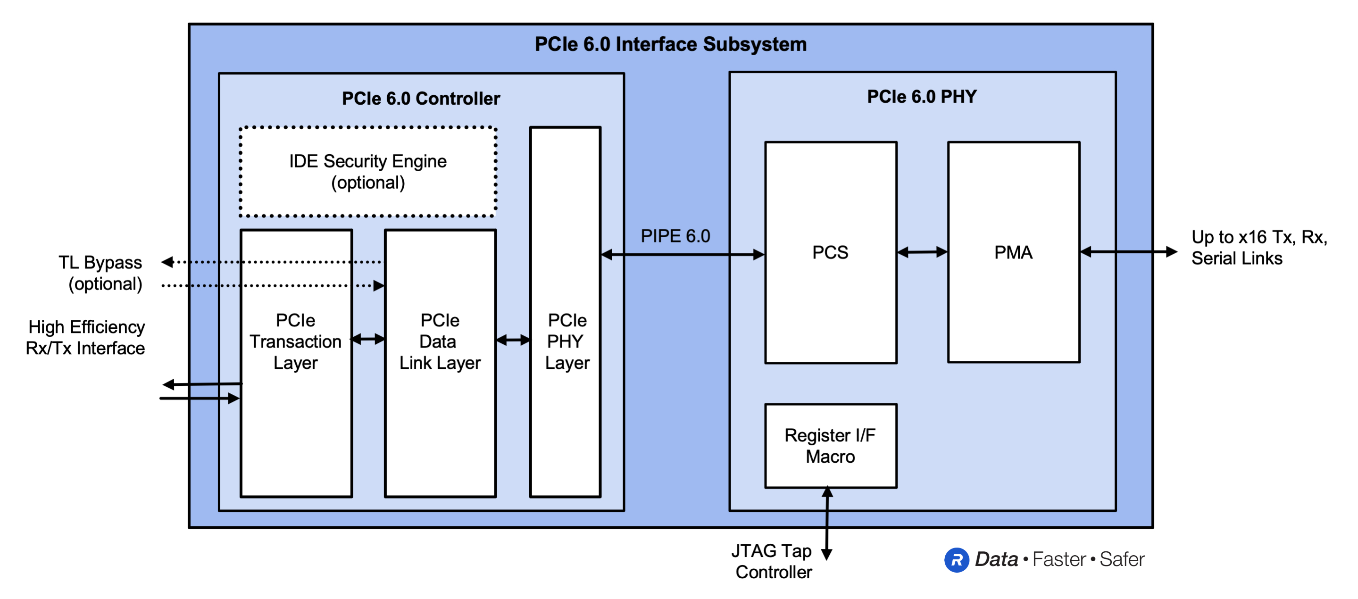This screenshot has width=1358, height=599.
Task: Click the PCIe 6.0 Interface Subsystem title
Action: coord(670,44)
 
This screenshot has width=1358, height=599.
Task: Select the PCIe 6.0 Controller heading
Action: coord(421,99)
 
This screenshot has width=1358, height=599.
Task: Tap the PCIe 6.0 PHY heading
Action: coord(922,97)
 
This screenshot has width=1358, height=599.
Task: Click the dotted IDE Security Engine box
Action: coord(368,172)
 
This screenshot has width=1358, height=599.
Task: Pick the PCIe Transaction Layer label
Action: coord(296,341)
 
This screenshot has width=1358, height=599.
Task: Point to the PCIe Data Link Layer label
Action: coord(440,341)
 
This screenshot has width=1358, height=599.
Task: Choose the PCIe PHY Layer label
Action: coord(567,341)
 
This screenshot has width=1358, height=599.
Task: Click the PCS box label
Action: coord(830,253)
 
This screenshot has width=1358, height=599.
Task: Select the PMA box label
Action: coord(1013,253)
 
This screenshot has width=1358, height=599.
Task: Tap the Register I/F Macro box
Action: coord(830,446)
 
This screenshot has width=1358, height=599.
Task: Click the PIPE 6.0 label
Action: coord(675,236)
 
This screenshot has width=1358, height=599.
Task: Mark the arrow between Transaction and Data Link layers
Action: coord(368,339)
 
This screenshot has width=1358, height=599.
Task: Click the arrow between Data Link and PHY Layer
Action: coord(513,340)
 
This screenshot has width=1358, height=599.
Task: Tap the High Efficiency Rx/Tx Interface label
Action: coord(86,337)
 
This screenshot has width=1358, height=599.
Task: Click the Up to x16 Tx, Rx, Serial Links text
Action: coord(1258,248)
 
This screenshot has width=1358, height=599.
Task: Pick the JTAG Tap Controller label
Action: coord(772,562)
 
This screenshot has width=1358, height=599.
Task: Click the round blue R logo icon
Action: coord(956,560)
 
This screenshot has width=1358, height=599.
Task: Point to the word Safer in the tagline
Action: coord(1122,559)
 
